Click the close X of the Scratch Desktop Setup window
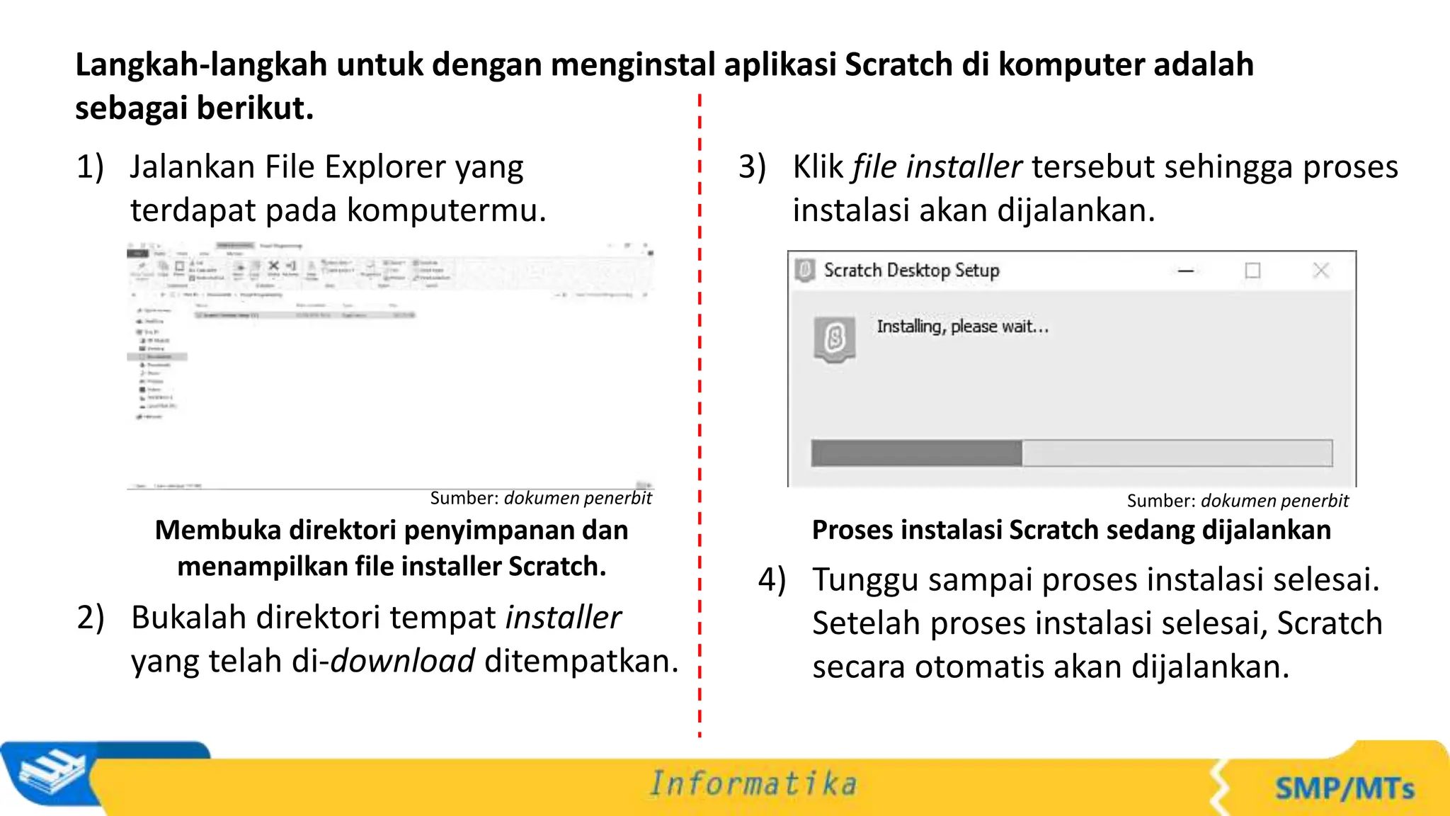click(1320, 270)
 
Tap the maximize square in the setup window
click(1252, 271)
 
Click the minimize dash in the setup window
click(1186, 271)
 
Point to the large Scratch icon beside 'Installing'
click(835, 339)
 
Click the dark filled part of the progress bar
click(916, 453)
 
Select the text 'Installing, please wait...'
click(962, 327)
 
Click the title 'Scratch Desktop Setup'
click(911, 271)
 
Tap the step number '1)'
click(90, 168)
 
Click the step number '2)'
click(91, 618)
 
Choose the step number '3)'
click(752, 168)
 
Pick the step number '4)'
click(772, 580)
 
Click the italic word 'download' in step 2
click(402, 662)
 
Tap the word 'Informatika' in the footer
click(753, 784)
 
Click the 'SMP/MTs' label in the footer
click(1345, 788)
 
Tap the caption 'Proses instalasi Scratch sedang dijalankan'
click(1071, 530)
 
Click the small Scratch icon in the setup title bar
click(805, 271)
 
